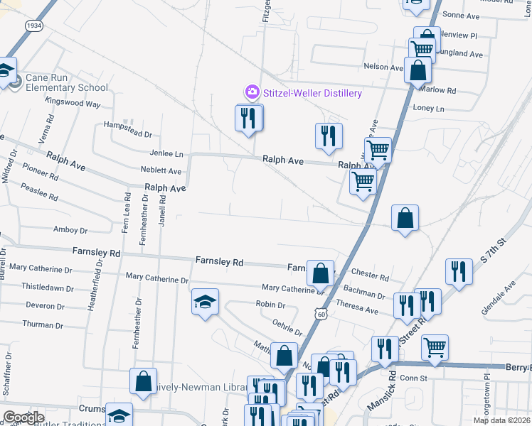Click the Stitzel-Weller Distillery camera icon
[251, 92]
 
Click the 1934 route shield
[33, 26]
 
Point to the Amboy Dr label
[70, 230]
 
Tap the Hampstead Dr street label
[128, 133]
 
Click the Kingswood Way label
[73, 103]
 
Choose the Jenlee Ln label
[166, 153]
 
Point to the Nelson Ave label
[383, 67]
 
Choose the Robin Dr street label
[270, 305]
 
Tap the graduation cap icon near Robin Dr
[204, 303]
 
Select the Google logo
[24, 417]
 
